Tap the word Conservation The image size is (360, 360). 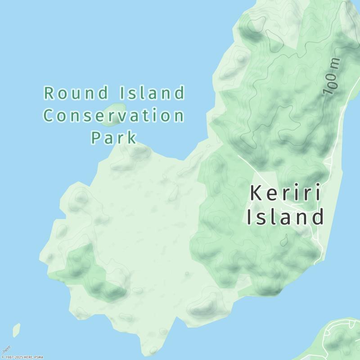114,116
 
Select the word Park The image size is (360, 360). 114,137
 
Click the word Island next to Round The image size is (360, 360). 153,94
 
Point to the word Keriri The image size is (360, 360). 285,193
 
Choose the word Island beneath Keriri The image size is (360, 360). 285,217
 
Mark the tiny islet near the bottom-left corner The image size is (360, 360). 17,330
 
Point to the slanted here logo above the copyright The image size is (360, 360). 6,348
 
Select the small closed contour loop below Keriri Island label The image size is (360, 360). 283,241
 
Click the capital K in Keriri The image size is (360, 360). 255,193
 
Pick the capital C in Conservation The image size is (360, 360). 49,116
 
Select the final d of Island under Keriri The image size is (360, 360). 318,217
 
